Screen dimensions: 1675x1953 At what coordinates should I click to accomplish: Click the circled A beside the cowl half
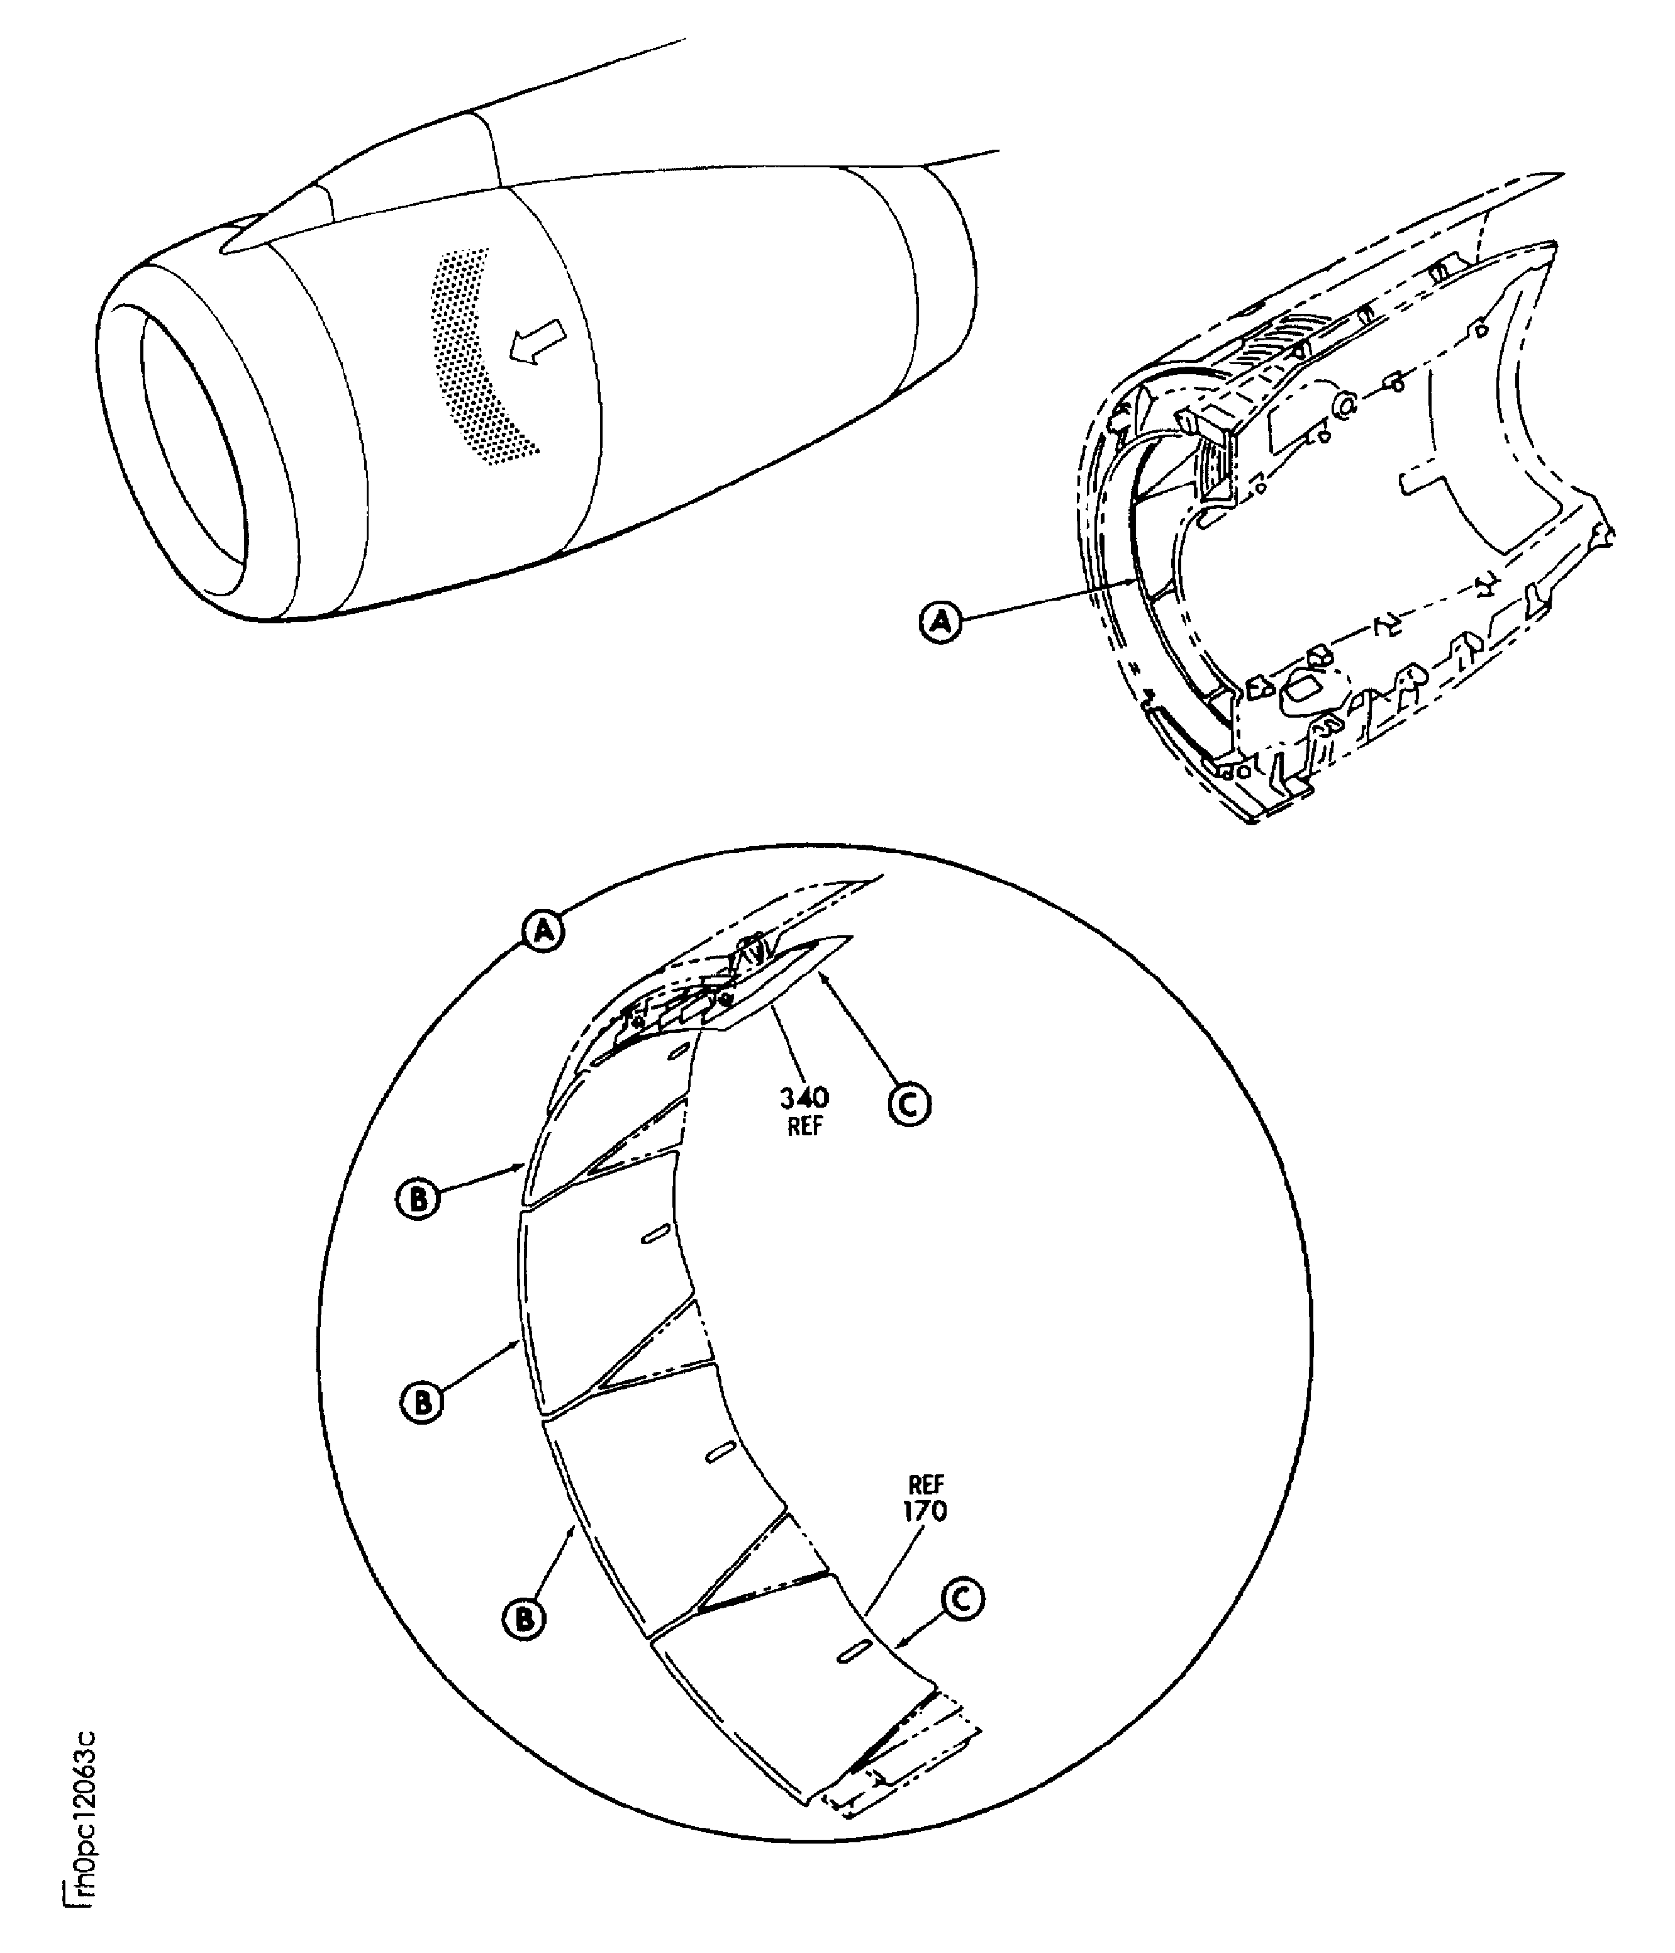tap(940, 621)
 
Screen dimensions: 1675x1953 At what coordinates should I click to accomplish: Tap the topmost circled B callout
tap(416, 1198)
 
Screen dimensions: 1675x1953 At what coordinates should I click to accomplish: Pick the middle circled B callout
tap(422, 1401)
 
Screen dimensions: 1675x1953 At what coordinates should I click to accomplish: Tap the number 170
tap(925, 1511)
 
